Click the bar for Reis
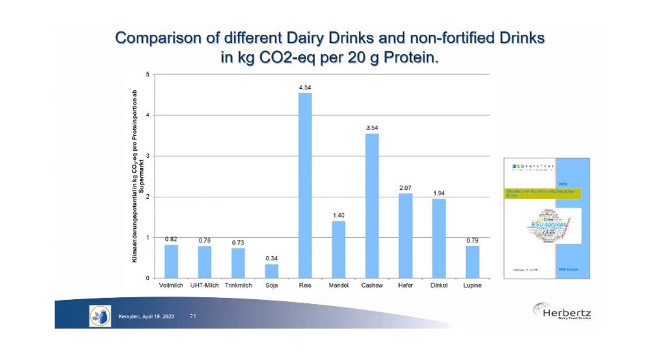pyautogui.click(x=305, y=185)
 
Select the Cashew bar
pyautogui.click(x=372, y=206)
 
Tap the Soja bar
pyautogui.click(x=271, y=271)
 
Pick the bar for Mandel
pyautogui.click(x=338, y=249)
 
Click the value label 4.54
pyautogui.click(x=305, y=87)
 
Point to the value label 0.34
pyautogui.click(x=271, y=258)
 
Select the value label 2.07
pyautogui.click(x=405, y=188)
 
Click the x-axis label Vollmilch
pyautogui.click(x=171, y=286)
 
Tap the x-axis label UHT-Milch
pyautogui.click(x=204, y=286)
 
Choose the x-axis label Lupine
pyautogui.click(x=472, y=286)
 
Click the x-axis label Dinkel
pyautogui.click(x=439, y=286)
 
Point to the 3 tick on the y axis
pyautogui.click(x=148, y=156)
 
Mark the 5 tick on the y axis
pyautogui.click(x=148, y=74)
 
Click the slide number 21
pyautogui.click(x=193, y=316)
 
